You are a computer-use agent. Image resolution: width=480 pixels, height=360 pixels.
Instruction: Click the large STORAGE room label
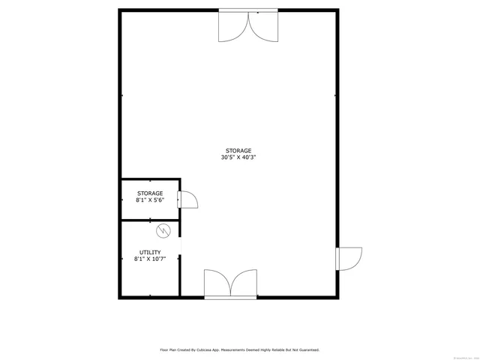point(238,151)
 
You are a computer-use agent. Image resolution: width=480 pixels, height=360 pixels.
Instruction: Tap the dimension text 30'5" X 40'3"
point(238,158)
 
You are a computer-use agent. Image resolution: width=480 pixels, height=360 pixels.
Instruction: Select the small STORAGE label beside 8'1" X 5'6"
point(149,193)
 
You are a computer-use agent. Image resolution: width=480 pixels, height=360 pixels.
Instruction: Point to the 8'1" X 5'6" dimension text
point(149,201)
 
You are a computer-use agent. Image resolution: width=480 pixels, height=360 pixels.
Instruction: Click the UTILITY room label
point(149,252)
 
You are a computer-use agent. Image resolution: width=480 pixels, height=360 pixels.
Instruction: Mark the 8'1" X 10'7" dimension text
point(149,259)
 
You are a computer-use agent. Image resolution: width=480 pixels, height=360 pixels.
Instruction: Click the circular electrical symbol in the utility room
point(164,231)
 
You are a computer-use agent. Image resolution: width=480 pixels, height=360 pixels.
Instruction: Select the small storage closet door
point(187,199)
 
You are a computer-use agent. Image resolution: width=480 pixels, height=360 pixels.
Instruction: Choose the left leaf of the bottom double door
point(218,284)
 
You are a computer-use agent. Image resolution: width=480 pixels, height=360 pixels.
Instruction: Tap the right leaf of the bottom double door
point(244,284)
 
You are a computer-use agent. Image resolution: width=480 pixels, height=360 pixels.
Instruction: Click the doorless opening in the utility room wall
point(180,247)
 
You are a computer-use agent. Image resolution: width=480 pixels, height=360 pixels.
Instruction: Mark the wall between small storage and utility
point(150,220)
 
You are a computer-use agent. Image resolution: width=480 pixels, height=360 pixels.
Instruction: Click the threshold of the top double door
point(248,10)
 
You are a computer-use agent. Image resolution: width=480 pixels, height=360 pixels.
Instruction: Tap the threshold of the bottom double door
point(231,298)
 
